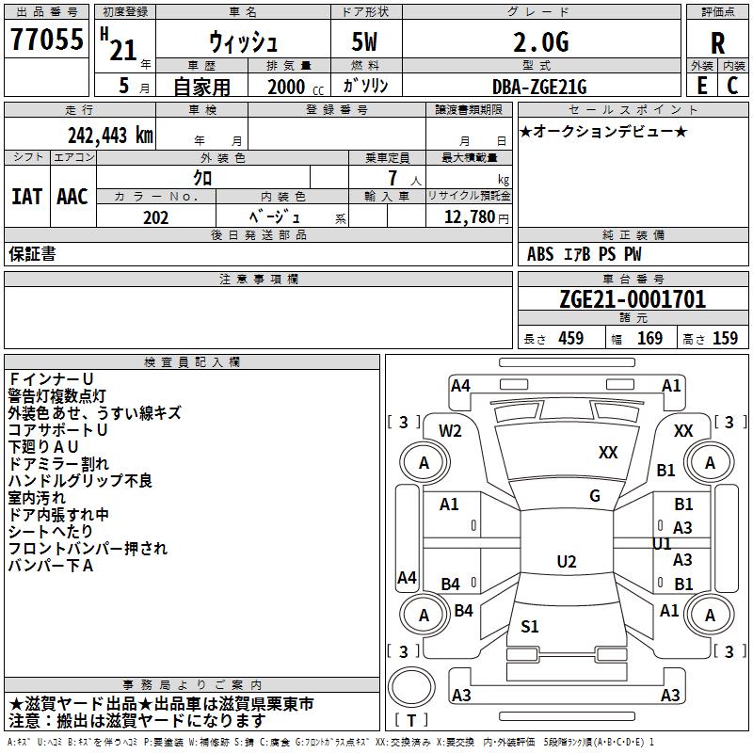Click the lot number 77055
(x=46, y=39)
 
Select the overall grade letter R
(x=717, y=43)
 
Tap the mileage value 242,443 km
(x=110, y=136)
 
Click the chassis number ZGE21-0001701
(x=633, y=298)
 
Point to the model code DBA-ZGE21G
(x=539, y=87)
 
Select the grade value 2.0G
(x=540, y=42)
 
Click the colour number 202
(x=155, y=217)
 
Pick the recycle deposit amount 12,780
(x=469, y=217)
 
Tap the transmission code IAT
(x=26, y=197)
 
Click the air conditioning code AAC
(x=72, y=197)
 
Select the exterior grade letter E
(x=701, y=86)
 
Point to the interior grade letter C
(x=732, y=86)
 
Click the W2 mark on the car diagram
(x=450, y=431)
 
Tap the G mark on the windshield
(x=595, y=496)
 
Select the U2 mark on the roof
(x=567, y=561)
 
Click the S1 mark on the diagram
(x=530, y=626)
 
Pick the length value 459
(x=571, y=338)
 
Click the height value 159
(x=725, y=338)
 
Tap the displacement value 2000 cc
(x=296, y=87)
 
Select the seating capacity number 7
(x=393, y=178)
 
